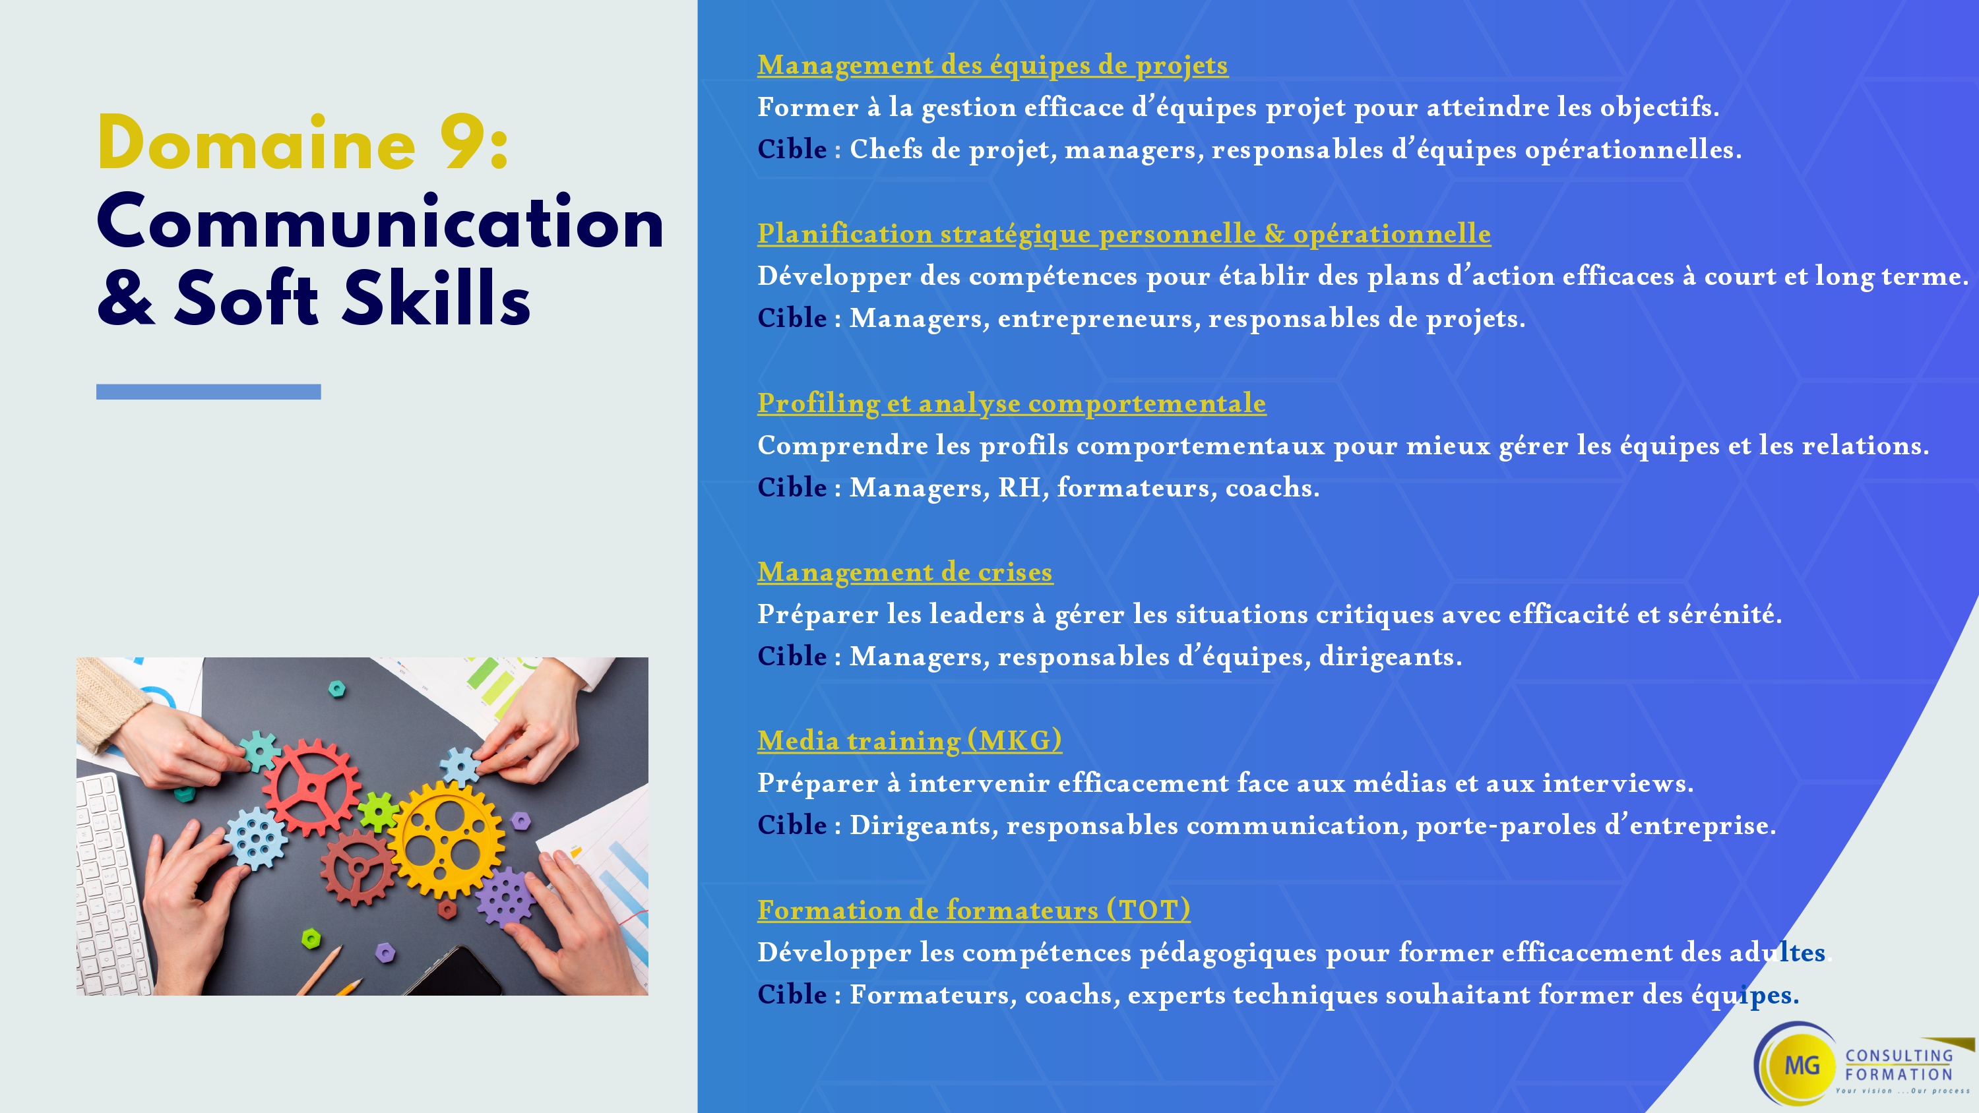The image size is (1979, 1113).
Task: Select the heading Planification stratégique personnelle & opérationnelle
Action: pyautogui.click(x=1124, y=234)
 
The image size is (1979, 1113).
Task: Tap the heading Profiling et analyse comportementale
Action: pyautogui.click(x=1012, y=404)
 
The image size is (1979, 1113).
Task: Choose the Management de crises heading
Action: pyautogui.click(x=905, y=572)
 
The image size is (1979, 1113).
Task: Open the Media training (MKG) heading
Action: pyautogui.click(x=910, y=741)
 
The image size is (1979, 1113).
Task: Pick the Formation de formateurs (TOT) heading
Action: pyautogui.click(x=974, y=910)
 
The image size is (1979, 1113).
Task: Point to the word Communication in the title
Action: pyautogui.click(x=380, y=223)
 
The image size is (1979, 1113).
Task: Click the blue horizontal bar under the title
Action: pyautogui.click(x=208, y=392)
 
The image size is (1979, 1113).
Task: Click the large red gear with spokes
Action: pyautogui.click(x=311, y=787)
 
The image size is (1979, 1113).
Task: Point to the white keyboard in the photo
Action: pyautogui.click(x=111, y=884)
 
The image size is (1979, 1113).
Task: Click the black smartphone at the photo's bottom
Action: pyautogui.click(x=453, y=972)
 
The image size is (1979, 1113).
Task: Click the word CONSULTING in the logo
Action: pyautogui.click(x=1899, y=1056)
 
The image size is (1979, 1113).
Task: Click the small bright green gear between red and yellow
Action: pyautogui.click(x=377, y=811)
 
